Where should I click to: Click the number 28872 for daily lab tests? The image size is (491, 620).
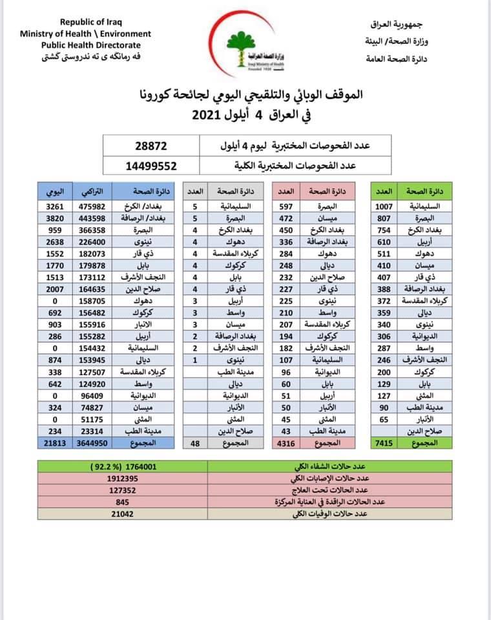pos(151,146)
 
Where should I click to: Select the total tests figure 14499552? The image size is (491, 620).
pos(151,165)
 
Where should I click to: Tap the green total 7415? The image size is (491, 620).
pos(384,444)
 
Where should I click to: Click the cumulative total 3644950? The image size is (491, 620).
pos(93,444)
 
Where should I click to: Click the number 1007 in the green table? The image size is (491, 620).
pos(384,206)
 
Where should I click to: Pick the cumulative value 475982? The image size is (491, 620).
pos(93,206)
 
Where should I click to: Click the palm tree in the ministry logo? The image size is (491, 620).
pos(244,40)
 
